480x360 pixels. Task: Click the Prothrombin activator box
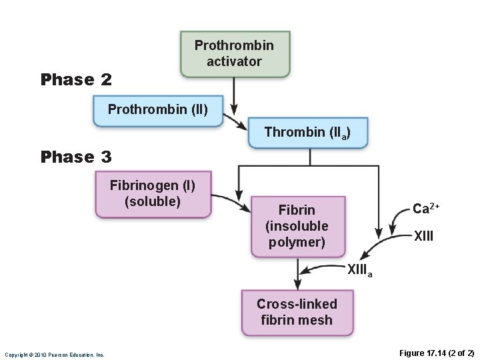[235, 53]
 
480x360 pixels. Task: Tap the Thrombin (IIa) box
[307, 133]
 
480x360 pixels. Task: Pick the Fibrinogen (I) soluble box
[153, 194]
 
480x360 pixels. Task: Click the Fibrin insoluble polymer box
[297, 226]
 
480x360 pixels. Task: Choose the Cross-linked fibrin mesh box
[297, 312]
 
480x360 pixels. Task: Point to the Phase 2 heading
[76, 80]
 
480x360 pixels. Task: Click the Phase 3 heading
[76, 157]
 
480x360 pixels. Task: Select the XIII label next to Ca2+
[423, 235]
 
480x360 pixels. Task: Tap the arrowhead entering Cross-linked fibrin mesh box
[298, 285]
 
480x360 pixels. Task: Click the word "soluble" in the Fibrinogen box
[153, 201]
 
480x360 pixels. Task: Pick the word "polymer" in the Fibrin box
[297, 242]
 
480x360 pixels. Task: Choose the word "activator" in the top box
[234, 61]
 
